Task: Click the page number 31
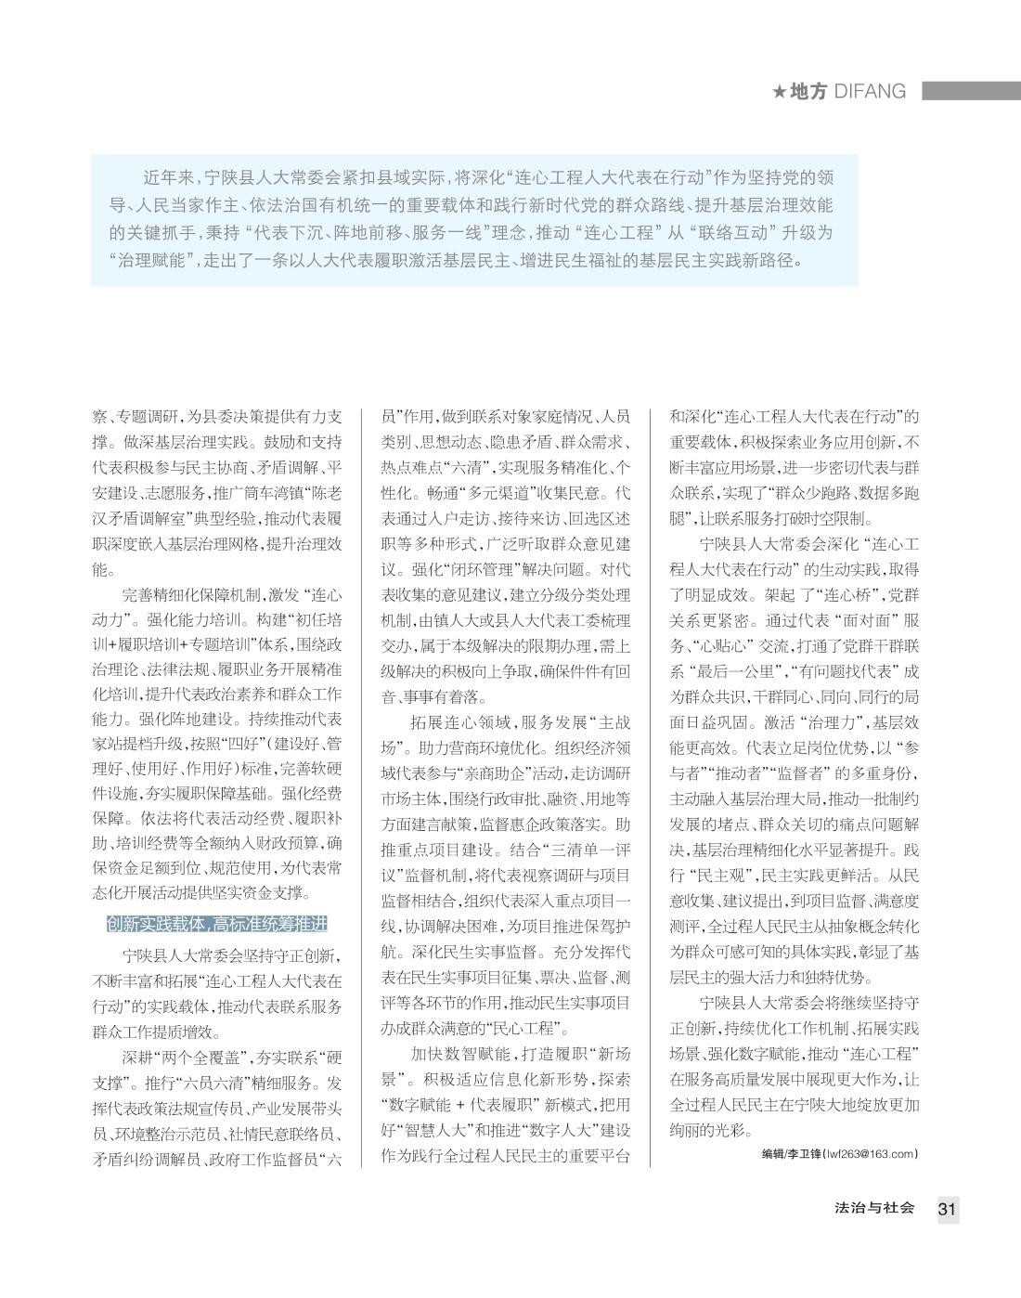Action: pos(947,1209)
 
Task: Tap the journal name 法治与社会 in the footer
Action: pos(874,1209)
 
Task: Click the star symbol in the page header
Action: pos(780,91)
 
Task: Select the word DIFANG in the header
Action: pos(870,91)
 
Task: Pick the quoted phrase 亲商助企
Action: pos(488,772)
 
